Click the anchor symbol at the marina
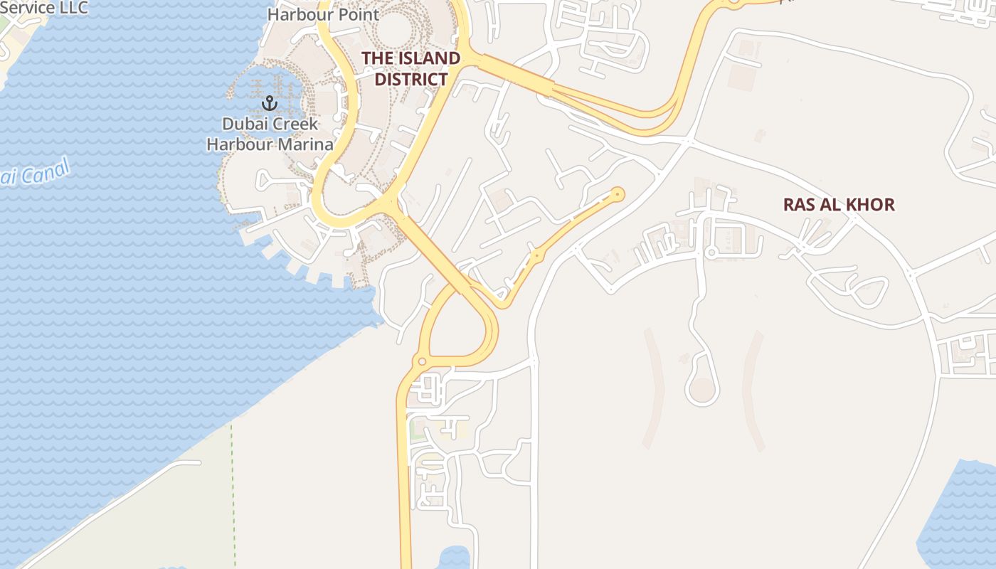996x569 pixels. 269,103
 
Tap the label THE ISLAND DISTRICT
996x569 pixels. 410,68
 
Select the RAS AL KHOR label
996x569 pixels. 838,205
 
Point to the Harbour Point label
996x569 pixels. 323,14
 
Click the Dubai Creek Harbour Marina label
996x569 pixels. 270,134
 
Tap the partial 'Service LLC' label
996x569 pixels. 43,8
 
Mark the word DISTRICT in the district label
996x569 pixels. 410,79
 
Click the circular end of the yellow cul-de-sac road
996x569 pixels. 618,193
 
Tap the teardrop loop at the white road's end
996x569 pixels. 701,388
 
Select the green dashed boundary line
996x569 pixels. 233,491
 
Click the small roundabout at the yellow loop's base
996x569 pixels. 421,362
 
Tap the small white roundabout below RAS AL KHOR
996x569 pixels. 710,252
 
